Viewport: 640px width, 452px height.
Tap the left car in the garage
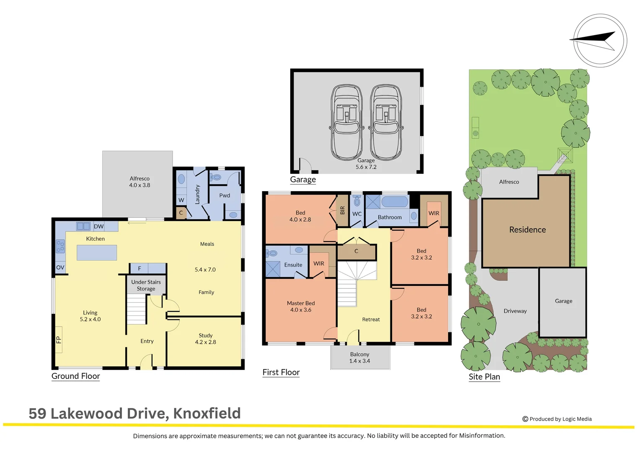coord(346,122)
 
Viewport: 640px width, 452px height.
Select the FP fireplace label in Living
coord(59,340)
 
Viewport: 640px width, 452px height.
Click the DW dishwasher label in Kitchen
coord(99,226)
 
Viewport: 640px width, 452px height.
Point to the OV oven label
coord(60,267)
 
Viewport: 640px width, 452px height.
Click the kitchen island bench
coord(97,253)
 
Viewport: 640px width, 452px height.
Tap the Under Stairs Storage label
coord(146,285)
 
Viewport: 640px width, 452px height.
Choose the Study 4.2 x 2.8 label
coord(206,339)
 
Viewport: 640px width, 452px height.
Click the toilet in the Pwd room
coord(216,177)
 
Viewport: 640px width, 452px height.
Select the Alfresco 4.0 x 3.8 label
coord(139,182)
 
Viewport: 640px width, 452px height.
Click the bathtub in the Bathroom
coord(395,202)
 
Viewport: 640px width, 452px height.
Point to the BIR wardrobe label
coord(342,210)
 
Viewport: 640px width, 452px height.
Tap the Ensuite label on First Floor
coord(293,265)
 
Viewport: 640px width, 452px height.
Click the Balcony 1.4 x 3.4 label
coord(360,358)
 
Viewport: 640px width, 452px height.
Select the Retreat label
coord(371,319)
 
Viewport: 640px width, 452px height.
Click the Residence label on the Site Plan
coord(527,230)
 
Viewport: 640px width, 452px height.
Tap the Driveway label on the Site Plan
coord(515,311)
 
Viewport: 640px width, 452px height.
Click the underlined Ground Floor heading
coord(76,376)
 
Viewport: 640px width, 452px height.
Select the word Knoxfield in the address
coord(207,413)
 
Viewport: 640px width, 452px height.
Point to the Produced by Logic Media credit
coord(557,419)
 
